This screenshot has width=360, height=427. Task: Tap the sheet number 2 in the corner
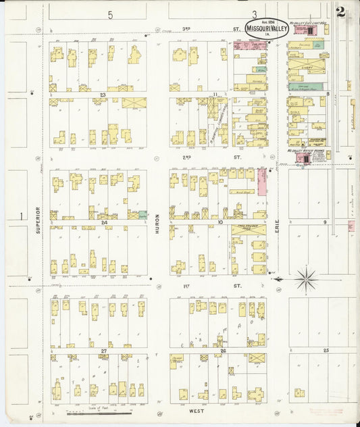[x=341, y=11]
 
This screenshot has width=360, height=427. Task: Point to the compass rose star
[x=307, y=278]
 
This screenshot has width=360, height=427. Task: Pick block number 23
[x=103, y=95]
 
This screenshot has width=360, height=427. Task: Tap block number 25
[x=326, y=351]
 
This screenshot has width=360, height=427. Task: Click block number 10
[x=220, y=222]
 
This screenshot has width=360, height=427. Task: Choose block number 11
[x=214, y=95]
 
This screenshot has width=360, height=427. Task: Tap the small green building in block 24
[x=143, y=214]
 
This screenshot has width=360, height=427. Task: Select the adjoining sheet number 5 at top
[x=109, y=14]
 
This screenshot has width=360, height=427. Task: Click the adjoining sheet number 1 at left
[x=22, y=216]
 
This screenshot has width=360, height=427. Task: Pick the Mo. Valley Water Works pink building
[x=302, y=158]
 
